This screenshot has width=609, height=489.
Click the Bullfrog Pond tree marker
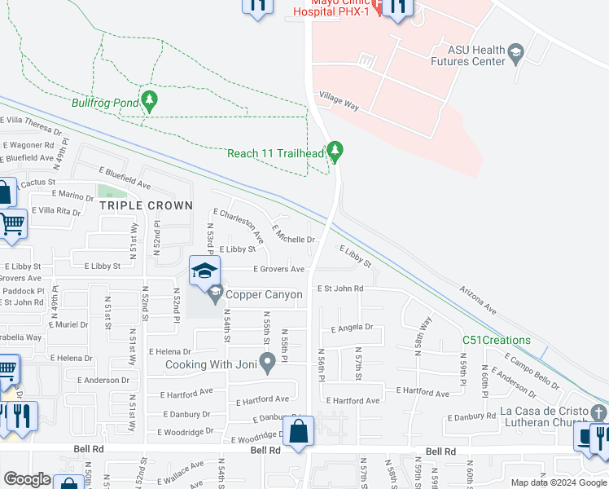click(148, 101)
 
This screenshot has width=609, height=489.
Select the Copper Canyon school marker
click(215, 293)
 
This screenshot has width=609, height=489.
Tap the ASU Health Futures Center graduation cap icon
click(516, 55)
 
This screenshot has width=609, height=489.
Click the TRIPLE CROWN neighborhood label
click(147, 206)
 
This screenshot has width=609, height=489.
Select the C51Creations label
click(497, 340)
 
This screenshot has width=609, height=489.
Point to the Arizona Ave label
click(478, 299)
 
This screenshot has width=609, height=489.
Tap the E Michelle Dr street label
click(293, 235)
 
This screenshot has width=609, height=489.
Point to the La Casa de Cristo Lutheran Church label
click(551, 416)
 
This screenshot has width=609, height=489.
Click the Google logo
click(27, 479)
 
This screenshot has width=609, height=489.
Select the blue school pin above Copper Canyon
click(205, 271)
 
